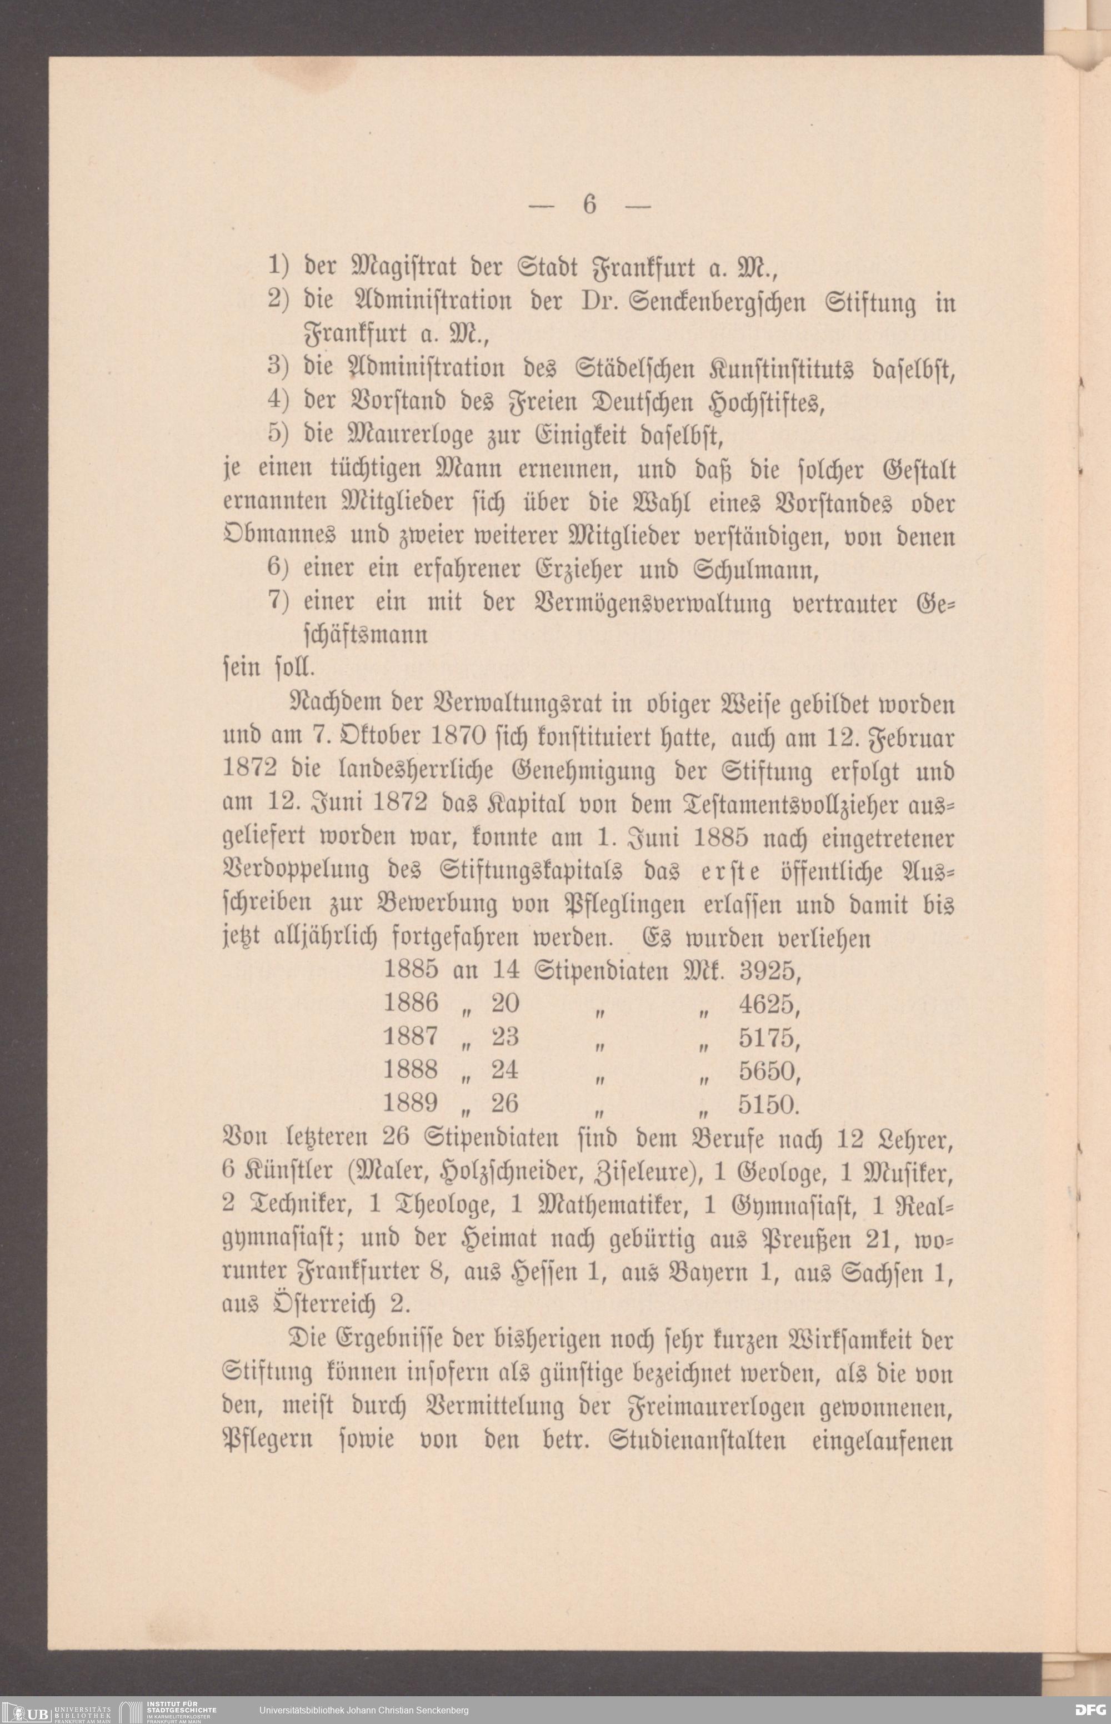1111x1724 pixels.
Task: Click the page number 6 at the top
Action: tap(589, 206)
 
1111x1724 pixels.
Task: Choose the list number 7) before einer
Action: tap(278, 601)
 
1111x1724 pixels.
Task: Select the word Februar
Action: tap(913, 738)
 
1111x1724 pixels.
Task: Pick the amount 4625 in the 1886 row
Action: tap(769, 1004)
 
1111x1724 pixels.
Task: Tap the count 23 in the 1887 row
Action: tap(505, 1037)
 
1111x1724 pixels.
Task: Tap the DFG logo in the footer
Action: tap(1090, 1710)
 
